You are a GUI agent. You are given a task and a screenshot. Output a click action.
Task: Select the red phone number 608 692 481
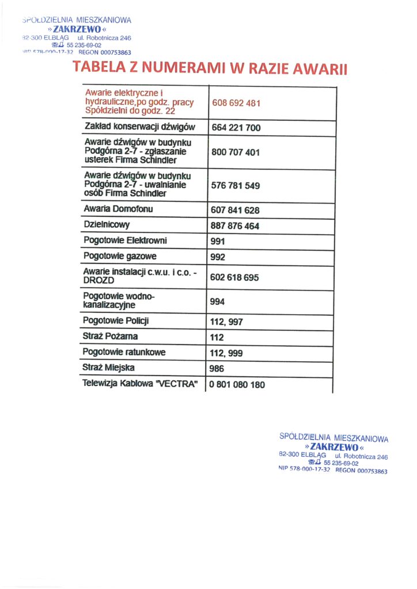tap(236, 104)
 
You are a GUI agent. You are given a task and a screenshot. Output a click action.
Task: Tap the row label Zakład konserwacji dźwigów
tap(140, 127)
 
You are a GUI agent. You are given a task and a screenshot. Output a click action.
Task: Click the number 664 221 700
tap(236, 128)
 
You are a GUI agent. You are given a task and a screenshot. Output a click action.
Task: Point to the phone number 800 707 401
tap(236, 152)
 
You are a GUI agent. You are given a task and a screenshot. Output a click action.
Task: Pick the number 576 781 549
tap(236, 186)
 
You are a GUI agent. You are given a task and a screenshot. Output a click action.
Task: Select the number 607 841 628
tap(236, 211)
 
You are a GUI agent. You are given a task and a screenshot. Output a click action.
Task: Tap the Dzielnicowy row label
tap(107, 225)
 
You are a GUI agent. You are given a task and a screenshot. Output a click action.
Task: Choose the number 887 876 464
tap(236, 226)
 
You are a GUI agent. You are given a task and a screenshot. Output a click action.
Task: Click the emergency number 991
tap(218, 242)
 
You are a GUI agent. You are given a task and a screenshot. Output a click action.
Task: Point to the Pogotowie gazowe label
tap(120, 256)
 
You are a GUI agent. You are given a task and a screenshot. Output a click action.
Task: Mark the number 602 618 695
tap(235, 277)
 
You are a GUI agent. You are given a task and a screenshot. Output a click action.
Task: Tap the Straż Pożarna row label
tap(111, 336)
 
